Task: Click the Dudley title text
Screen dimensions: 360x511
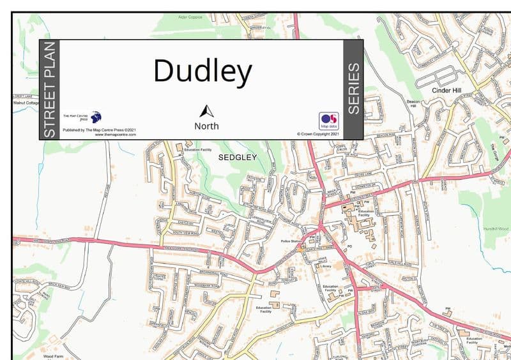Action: click(202, 71)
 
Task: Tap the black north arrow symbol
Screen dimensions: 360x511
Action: click(206, 111)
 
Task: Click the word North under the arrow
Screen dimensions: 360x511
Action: click(206, 126)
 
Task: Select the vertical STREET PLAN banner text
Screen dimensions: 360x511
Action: click(50, 89)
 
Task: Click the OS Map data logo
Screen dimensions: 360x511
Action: click(328, 121)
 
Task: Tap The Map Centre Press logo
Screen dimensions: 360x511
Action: click(95, 117)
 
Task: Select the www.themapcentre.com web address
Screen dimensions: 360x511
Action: click(115, 135)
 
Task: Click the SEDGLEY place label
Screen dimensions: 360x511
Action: click(237, 156)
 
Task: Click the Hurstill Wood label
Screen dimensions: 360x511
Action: click(496, 228)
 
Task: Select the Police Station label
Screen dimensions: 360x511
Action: click(291, 241)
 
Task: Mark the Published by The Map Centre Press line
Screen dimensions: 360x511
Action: click(99, 130)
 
